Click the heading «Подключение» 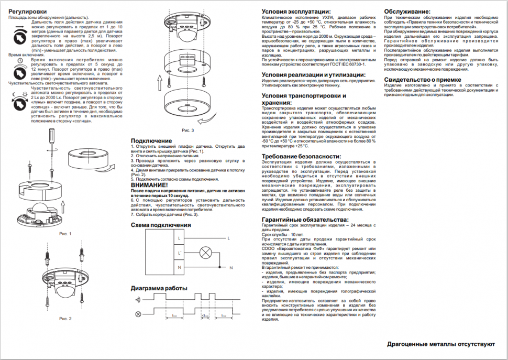click(151, 140)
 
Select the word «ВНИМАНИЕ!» click(149, 185)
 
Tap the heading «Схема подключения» click(161, 225)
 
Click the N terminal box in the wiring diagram click(180, 268)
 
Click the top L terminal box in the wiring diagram click(180, 238)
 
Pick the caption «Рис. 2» click(65, 318)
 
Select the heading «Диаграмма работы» click(159, 289)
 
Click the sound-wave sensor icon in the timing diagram click(138, 300)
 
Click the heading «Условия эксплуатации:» click(296, 12)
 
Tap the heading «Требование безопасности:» click(301, 156)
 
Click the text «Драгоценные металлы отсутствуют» click(441, 345)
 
